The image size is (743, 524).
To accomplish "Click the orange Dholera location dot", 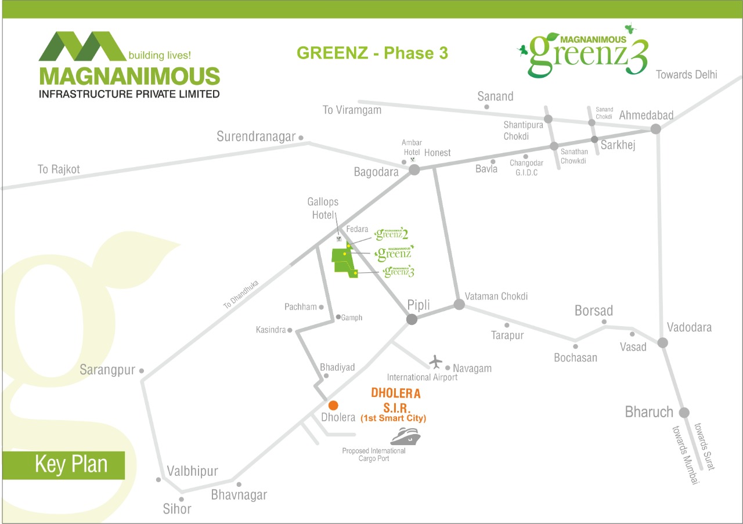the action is pyautogui.click(x=333, y=405).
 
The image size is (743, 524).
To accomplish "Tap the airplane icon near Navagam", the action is pyautogui.click(x=435, y=362).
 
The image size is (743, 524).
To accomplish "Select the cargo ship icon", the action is pyautogui.click(x=406, y=436).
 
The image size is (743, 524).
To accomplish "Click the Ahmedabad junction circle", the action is pyautogui.click(x=655, y=129).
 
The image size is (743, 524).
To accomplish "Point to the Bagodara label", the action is pyautogui.click(x=376, y=172).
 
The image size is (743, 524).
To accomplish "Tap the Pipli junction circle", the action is pyautogui.click(x=412, y=319).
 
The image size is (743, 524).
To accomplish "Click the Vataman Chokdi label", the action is pyautogui.click(x=496, y=296).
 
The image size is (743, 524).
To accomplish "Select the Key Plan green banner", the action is pyautogui.click(x=64, y=465).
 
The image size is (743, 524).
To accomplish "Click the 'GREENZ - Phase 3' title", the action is pyautogui.click(x=372, y=53).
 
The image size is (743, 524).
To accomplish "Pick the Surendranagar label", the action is pyautogui.click(x=256, y=136).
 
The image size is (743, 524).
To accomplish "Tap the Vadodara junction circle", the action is pyautogui.click(x=662, y=342).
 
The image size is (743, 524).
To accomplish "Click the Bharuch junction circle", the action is pyautogui.click(x=684, y=413).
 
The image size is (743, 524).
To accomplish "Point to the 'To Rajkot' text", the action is pyautogui.click(x=59, y=169).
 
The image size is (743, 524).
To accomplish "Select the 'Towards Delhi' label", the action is pyautogui.click(x=686, y=75).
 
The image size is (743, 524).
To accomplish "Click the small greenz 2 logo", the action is pyautogui.click(x=391, y=234).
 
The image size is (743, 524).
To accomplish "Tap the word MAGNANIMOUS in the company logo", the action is pyautogui.click(x=129, y=76).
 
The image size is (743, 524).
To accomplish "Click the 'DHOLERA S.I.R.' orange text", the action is pyautogui.click(x=396, y=400).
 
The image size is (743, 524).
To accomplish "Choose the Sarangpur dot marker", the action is pyautogui.click(x=142, y=371).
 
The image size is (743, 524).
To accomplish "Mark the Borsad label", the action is pyautogui.click(x=593, y=311).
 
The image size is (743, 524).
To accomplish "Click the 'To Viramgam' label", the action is pyautogui.click(x=352, y=110).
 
